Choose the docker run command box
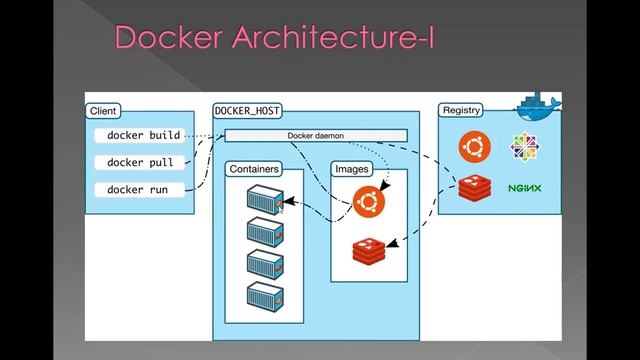coord(138,189)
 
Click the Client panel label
coord(104,110)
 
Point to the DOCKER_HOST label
coord(249,110)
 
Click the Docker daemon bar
coord(315,135)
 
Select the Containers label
coord(254,169)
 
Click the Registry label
coord(461,110)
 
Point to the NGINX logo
coord(524,188)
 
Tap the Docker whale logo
coord(538,105)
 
